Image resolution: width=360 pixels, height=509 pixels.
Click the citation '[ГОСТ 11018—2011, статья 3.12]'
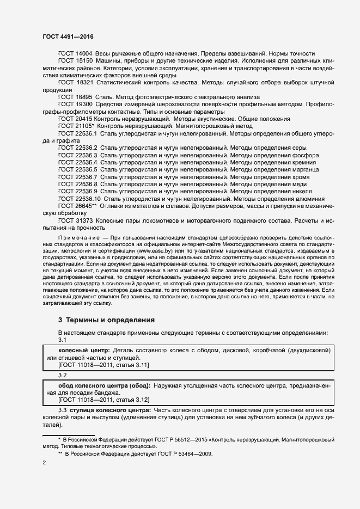coord(92,399)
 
